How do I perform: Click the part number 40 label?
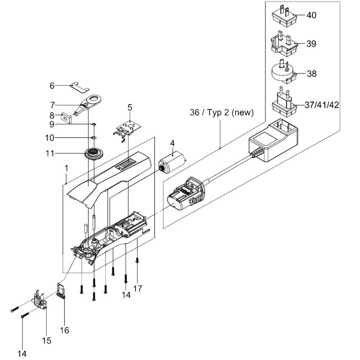point(311,15)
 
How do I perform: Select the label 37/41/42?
point(321,105)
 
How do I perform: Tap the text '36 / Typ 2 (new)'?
point(222,113)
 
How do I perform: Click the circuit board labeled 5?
point(127,128)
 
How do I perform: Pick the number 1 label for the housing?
point(66,168)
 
